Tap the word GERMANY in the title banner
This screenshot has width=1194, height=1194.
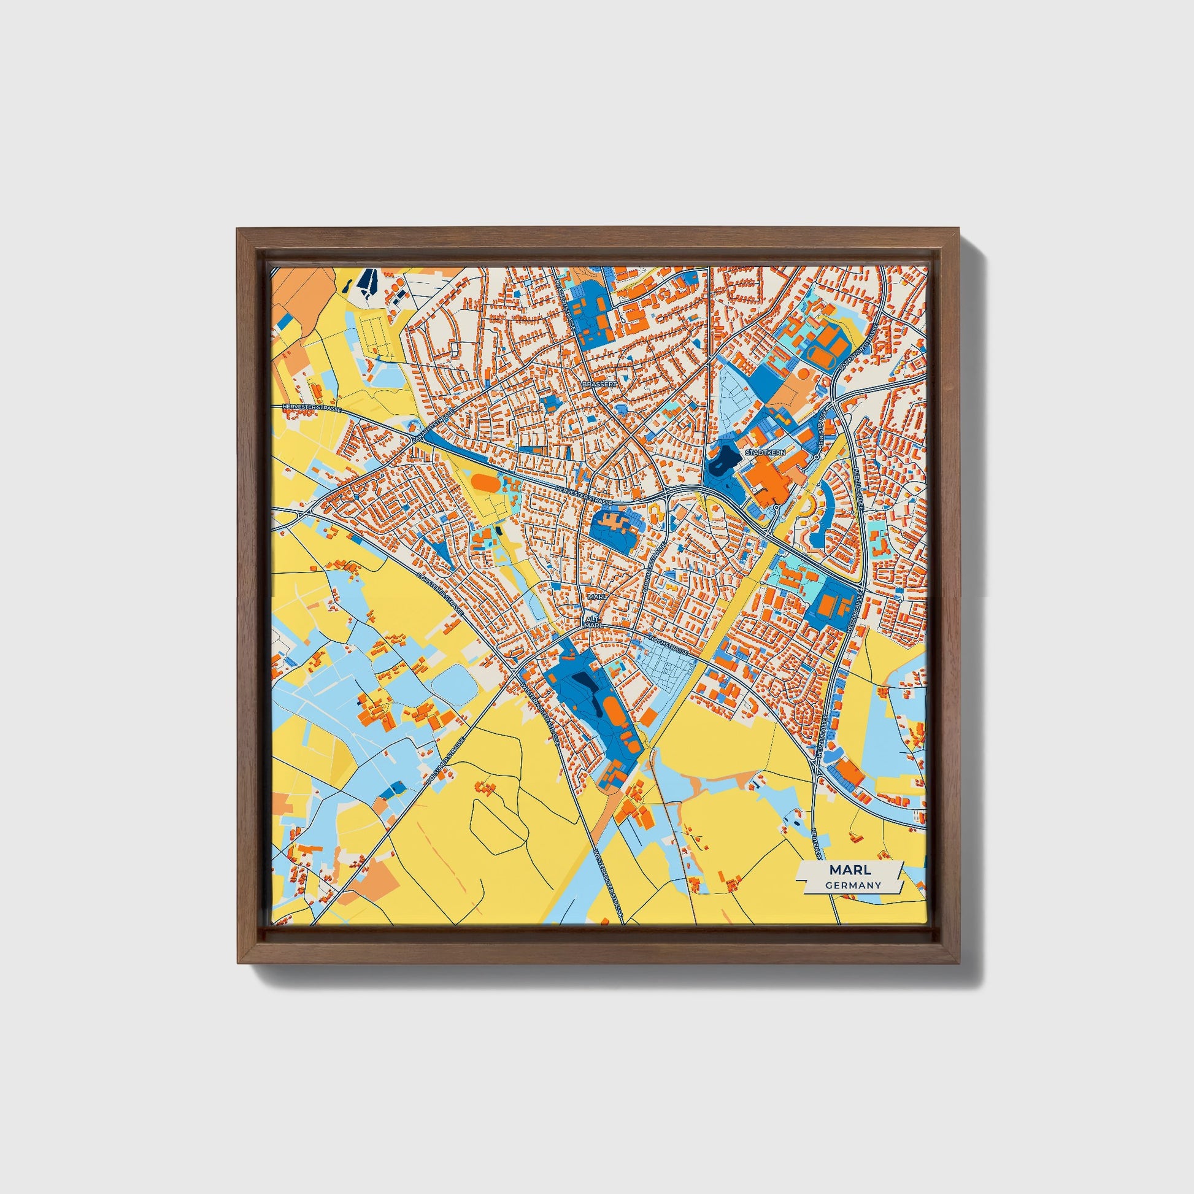coord(853,885)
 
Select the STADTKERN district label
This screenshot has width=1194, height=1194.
coord(766,453)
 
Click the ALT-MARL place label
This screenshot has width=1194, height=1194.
coord(593,622)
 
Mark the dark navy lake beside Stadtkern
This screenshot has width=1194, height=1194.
coord(721,460)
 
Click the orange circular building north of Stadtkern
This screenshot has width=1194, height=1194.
coord(804,374)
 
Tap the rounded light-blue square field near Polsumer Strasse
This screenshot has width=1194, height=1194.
coord(453,684)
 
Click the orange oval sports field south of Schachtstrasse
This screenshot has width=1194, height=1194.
coord(483,481)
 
